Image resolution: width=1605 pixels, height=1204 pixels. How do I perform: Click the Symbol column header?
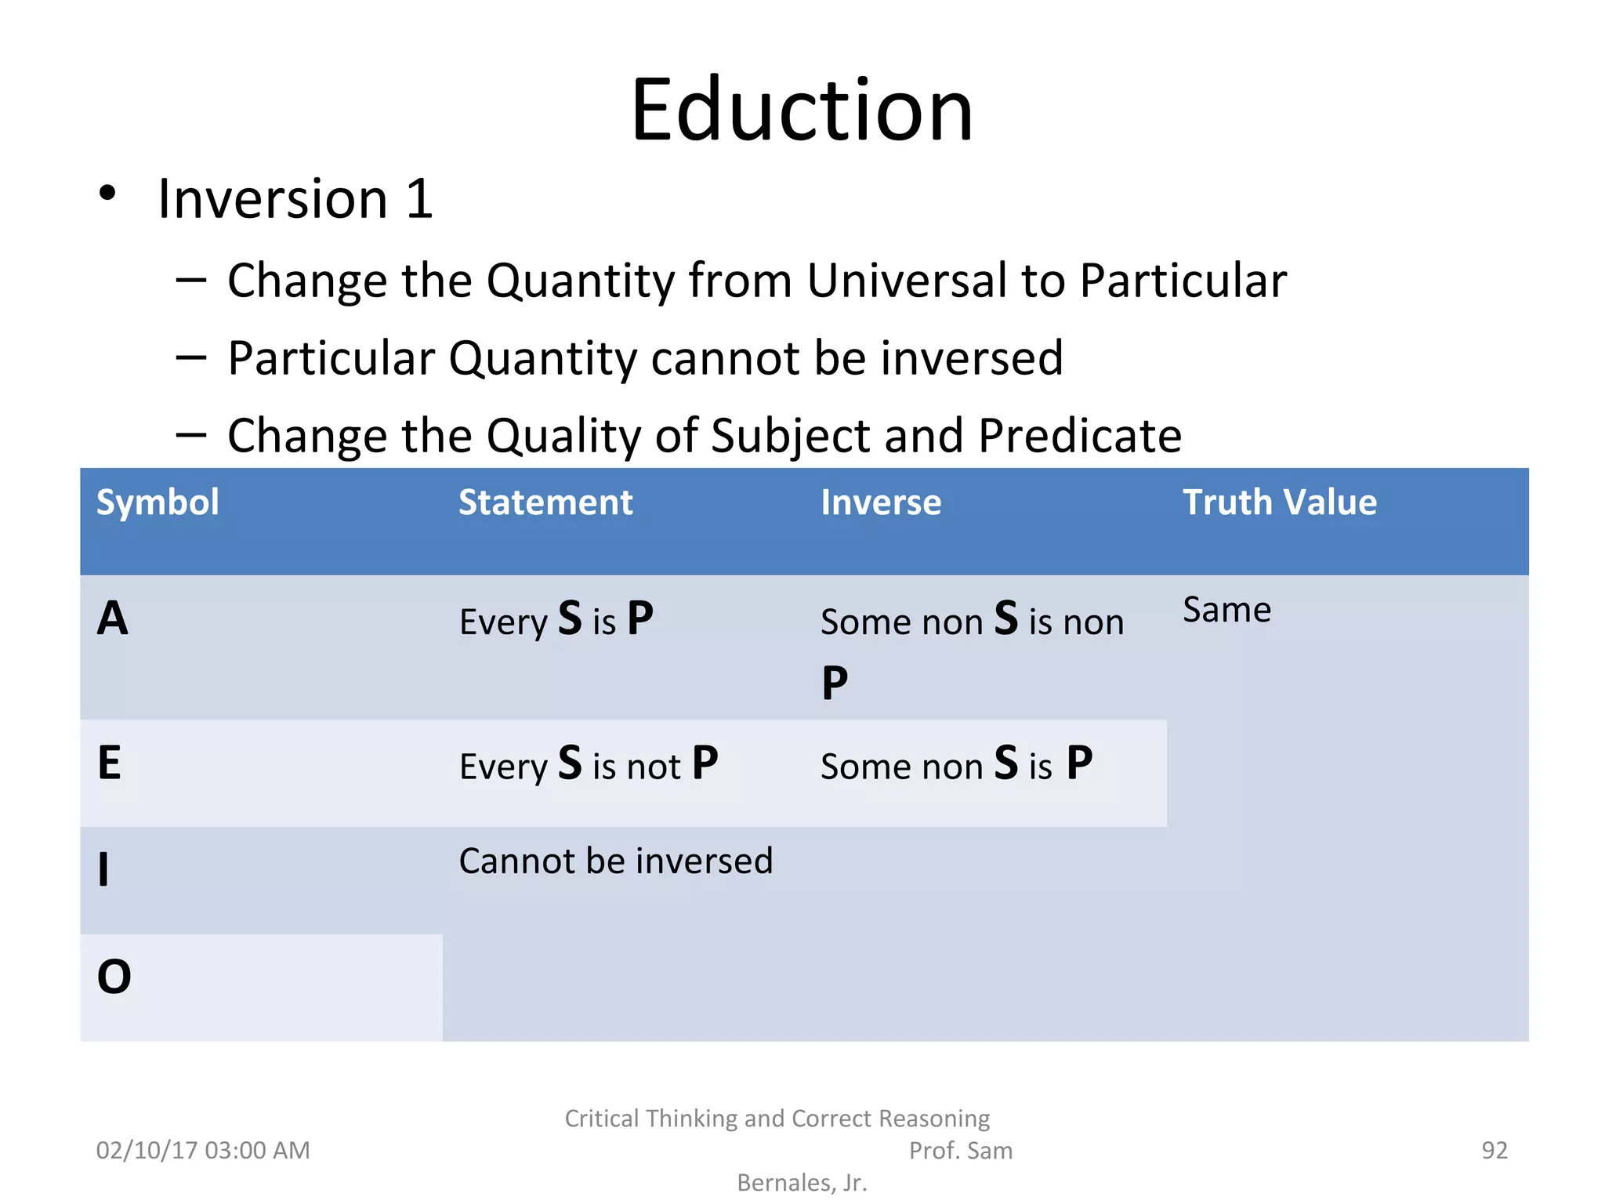[157, 502]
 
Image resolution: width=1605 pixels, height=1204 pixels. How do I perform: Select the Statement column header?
[545, 502]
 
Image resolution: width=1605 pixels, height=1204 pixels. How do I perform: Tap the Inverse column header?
[881, 502]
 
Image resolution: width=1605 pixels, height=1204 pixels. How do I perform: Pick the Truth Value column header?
[1279, 502]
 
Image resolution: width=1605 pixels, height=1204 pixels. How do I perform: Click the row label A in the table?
[113, 618]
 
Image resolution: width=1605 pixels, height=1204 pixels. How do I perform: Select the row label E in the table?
[110, 763]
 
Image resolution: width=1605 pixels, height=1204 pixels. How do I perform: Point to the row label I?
[103, 870]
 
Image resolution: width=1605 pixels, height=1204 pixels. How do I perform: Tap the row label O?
[114, 977]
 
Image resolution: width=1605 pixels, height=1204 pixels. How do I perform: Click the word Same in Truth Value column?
[1226, 610]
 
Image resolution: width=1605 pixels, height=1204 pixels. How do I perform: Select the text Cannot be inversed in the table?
[616, 861]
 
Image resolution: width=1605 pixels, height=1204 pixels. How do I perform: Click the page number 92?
[1494, 1150]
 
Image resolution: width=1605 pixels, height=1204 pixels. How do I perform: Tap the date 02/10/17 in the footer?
[146, 1150]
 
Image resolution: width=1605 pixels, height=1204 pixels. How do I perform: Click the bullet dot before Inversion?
[107, 194]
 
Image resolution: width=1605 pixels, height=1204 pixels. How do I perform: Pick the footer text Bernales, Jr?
[802, 1182]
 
